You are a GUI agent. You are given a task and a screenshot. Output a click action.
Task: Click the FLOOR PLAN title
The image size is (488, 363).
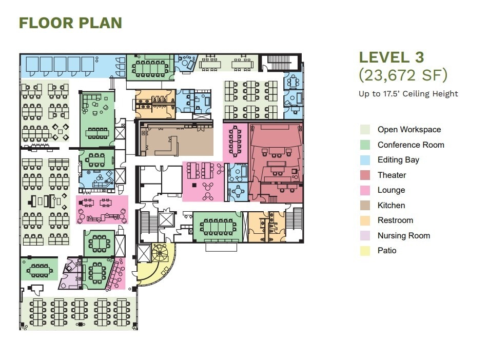(70, 23)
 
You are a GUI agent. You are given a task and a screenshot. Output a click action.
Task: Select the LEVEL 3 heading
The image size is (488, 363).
(392, 57)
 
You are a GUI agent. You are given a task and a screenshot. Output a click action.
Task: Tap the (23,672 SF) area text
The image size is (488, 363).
(403, 75)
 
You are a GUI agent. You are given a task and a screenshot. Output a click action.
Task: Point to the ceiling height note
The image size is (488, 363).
(408, 93)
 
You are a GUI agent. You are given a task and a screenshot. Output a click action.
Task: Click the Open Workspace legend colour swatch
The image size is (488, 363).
(365, 130)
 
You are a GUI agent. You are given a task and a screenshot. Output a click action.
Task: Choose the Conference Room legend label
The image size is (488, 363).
(411, 145)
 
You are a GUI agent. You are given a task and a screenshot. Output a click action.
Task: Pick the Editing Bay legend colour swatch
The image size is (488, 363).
(365, 160)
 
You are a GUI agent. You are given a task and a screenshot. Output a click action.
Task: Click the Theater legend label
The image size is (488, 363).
(392, 175)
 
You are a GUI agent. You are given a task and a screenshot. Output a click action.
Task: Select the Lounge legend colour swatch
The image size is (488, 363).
(365, 190)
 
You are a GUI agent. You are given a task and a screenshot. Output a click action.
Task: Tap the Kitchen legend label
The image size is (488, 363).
(391, 205)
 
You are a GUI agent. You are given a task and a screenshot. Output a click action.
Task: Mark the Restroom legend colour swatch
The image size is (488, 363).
(365, 220)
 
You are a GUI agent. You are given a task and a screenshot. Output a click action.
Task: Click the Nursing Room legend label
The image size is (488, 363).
(403, 235)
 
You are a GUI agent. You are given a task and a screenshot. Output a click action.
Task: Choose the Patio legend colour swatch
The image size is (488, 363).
(365, 251)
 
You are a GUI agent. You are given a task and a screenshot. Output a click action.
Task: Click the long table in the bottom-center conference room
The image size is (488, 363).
(218, 226)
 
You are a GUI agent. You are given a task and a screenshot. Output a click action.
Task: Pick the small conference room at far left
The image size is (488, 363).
(40, 269)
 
